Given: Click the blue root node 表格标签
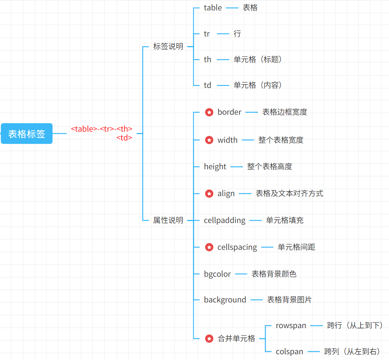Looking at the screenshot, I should click(x=26, y=134).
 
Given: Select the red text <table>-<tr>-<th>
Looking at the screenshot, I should click(x=102, y=129).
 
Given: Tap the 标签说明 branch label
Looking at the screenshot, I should click(x=168, y=47).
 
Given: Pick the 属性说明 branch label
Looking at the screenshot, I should click(x=168, y=220).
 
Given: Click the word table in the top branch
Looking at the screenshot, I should click(x=213, y=8).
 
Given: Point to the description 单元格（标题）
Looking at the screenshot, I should click(x=258, y=59).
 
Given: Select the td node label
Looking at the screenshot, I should click(x=208, y=85).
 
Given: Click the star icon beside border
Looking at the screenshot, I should click(x=209, y=112).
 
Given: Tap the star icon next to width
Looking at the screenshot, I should click(x=209, y=140).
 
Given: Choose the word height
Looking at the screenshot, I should click(x=215, y=167).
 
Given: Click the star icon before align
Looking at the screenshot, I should click(x=209, y=193).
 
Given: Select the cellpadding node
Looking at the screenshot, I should click(x=224, y=220).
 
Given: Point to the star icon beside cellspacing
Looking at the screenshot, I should click(x=209, y=247).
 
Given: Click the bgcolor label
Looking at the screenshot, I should click(x=218, y=274).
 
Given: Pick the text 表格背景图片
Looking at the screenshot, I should click(x=289, y=300).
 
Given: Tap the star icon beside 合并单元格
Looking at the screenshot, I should click(x=209, y=339).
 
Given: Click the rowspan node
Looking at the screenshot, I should click(x=291, y=325).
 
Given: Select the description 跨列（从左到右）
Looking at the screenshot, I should click(x=353, y=352).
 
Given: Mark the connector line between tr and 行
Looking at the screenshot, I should click(x=223, y=34).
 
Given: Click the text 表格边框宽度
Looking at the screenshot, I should click(x=285, y=112).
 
